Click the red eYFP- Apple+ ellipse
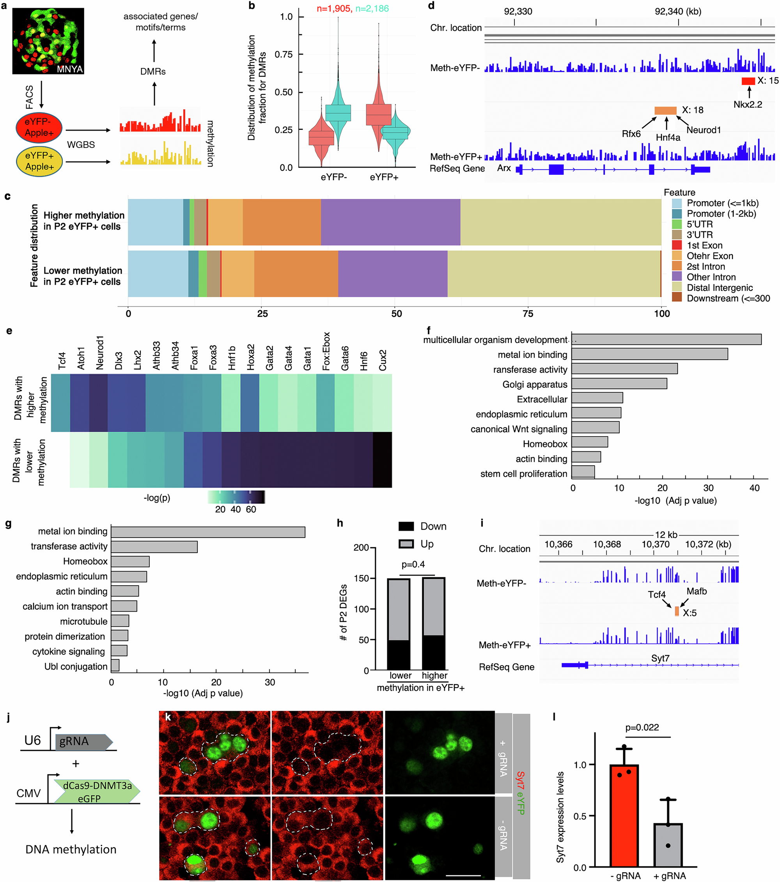coord(39,128)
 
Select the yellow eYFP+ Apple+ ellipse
coord(39,161)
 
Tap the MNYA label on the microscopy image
coord(69,69)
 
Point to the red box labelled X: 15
coord(748,81)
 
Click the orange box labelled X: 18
coord(665,110)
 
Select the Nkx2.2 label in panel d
coord(748,105)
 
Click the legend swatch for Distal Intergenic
coord(677,287)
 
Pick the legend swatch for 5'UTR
coord(677,224)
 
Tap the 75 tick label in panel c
coord(528,314)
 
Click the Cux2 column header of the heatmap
coord(383,360)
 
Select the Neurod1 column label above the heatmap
coord(100,353)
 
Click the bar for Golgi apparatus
coord(619,383)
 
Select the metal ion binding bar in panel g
coord(208,532)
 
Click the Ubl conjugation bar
coord(115,665)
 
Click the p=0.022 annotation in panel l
coord(642,728)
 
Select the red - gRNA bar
coord(624,815)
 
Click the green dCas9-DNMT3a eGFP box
coord(96,792)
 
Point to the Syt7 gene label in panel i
coord(660,658)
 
